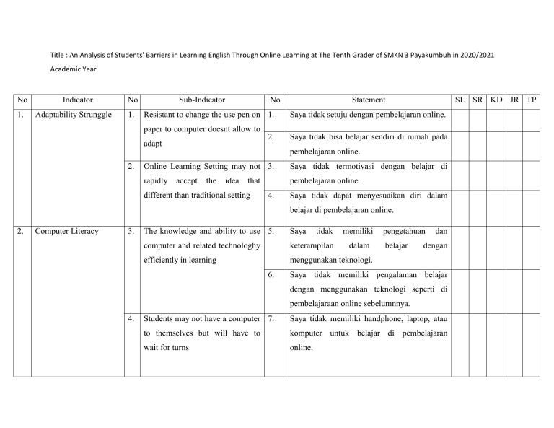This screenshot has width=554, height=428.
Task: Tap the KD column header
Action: [x=496, y=100]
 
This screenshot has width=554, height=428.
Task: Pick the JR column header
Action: [x=514, y=100]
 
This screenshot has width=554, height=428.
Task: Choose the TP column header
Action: [x=531, y=100]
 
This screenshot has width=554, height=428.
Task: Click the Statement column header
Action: [x=369, y=100]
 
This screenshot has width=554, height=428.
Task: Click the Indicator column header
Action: [x=77, y=100]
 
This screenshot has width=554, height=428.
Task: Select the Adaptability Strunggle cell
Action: [x=76, y=115]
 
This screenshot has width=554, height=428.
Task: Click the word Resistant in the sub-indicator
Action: [x=165, y=115]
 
